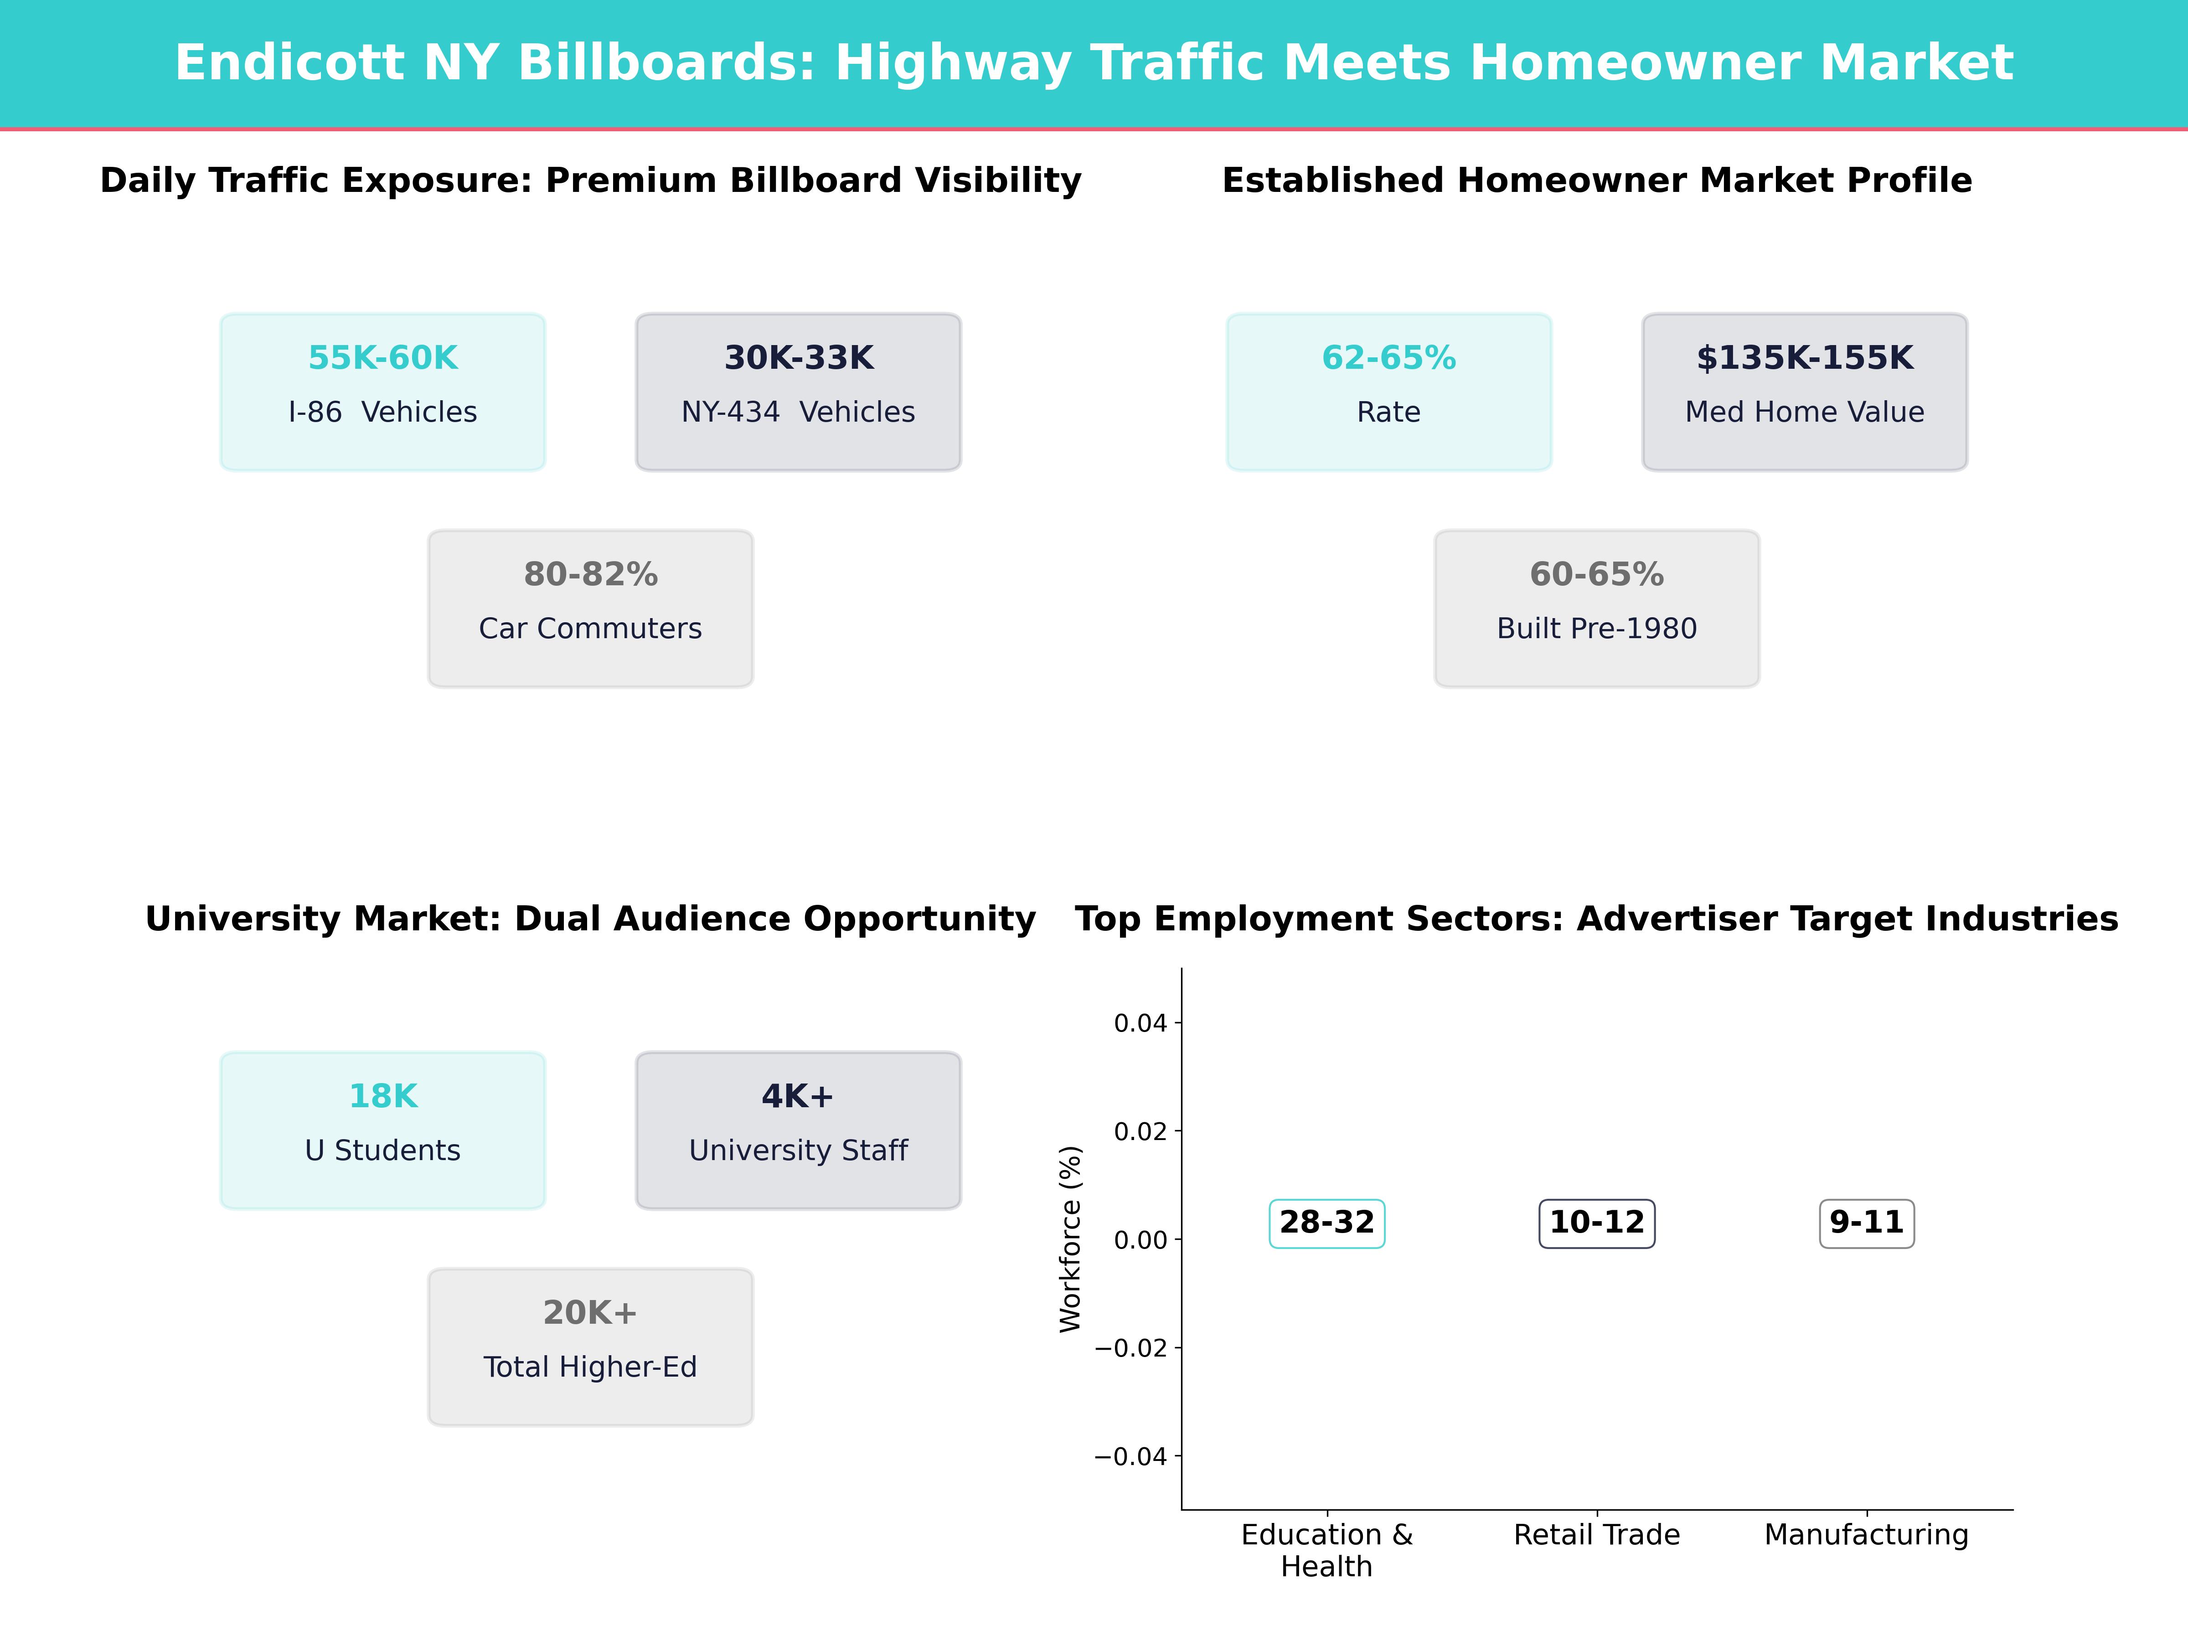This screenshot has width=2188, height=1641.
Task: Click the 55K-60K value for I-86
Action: pyautogui.click(x=383, y=358)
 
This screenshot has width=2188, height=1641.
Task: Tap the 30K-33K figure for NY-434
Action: pyautogui.click(x=798, y=358)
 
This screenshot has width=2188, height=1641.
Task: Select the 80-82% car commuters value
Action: pyautogui.click(x=590, y=575)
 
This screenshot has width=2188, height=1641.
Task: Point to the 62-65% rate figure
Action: pyautogui.click(x=1389, y=358)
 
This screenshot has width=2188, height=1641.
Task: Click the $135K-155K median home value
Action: pyautogui.click(x=1804, y=358)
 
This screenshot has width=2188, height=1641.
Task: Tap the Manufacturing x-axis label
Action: pyautogui.click(x=1867, y=1535)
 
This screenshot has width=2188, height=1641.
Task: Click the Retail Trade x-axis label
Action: pyautogui.click(x=1596, y=1535)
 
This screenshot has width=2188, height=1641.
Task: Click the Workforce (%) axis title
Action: pyautogui.click(x=1070, y=1239)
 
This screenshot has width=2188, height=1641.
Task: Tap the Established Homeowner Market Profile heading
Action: pyautogui.click(x=1596, y=181)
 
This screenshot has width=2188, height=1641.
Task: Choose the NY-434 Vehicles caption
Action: pyautogui.click(x=798, y=413)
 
